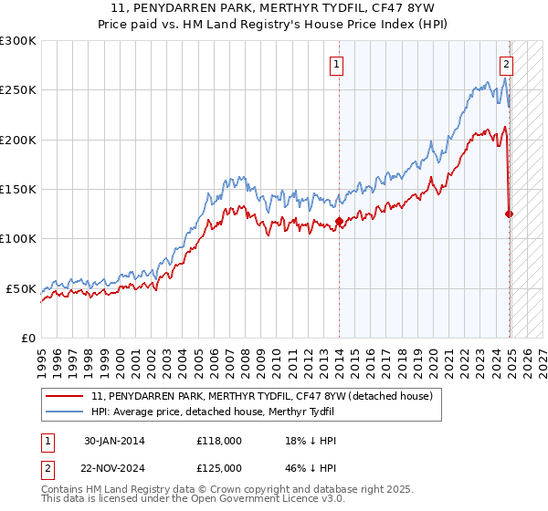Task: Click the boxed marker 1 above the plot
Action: [337, 64]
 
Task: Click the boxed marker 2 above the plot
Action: [506, 64]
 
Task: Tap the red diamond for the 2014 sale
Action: [339, 221]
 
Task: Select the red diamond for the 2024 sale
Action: [509, 214]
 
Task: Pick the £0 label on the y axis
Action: [26, 338]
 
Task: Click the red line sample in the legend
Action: [66, 395]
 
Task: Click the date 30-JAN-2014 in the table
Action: [114, 441]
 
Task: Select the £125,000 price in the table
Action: [219, 468]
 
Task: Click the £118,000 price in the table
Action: [219, 441]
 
